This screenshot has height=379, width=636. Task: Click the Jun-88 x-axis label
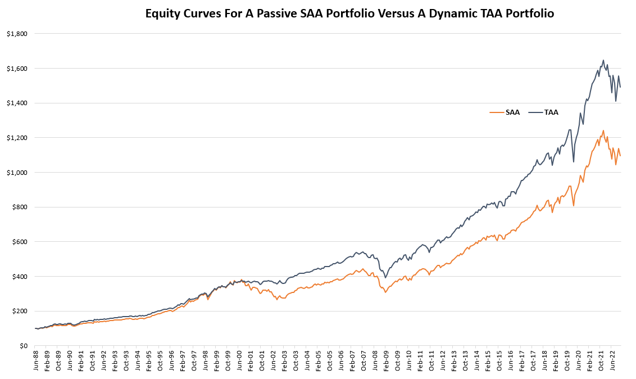click(37, 363)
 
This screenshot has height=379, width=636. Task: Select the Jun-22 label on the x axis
click(613, 363)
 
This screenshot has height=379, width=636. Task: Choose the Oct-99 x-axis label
click(228, 363)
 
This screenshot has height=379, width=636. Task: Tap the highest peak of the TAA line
click(603, 60)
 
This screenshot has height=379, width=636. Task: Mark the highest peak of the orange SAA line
click(603, 130)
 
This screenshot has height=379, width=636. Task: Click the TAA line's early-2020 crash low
click(574, 162)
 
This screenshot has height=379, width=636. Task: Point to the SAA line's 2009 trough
click(385, 293)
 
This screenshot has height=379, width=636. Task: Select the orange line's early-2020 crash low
click(574, 206)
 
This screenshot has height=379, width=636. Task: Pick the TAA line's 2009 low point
click(385, 278)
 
